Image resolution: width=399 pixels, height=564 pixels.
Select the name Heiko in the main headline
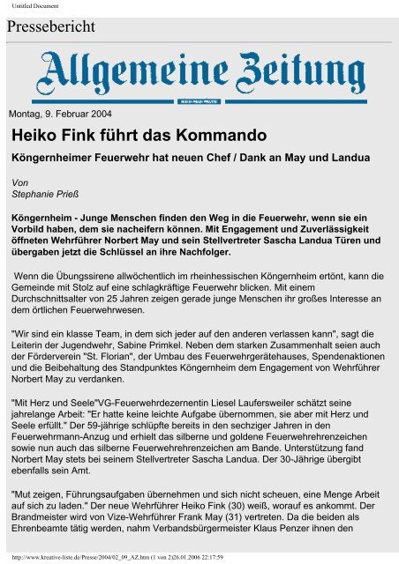click(x=36, y=137)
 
